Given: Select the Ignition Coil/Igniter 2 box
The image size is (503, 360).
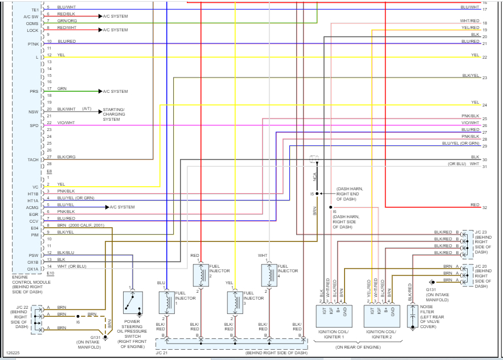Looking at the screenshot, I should (382, 315).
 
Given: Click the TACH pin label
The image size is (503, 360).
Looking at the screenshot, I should (32, 160).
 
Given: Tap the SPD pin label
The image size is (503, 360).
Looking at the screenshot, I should (34, 125).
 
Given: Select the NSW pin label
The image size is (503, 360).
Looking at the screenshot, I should (33, 112).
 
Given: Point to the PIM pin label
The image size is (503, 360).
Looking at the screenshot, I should (34, 235).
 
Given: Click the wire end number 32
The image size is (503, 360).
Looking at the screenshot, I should (484, 207).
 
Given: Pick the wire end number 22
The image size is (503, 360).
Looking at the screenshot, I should (484, 58).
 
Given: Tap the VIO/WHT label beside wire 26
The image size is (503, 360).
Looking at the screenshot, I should (470, 123).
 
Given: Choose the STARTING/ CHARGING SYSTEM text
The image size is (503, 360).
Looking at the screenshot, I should (114, 114).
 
